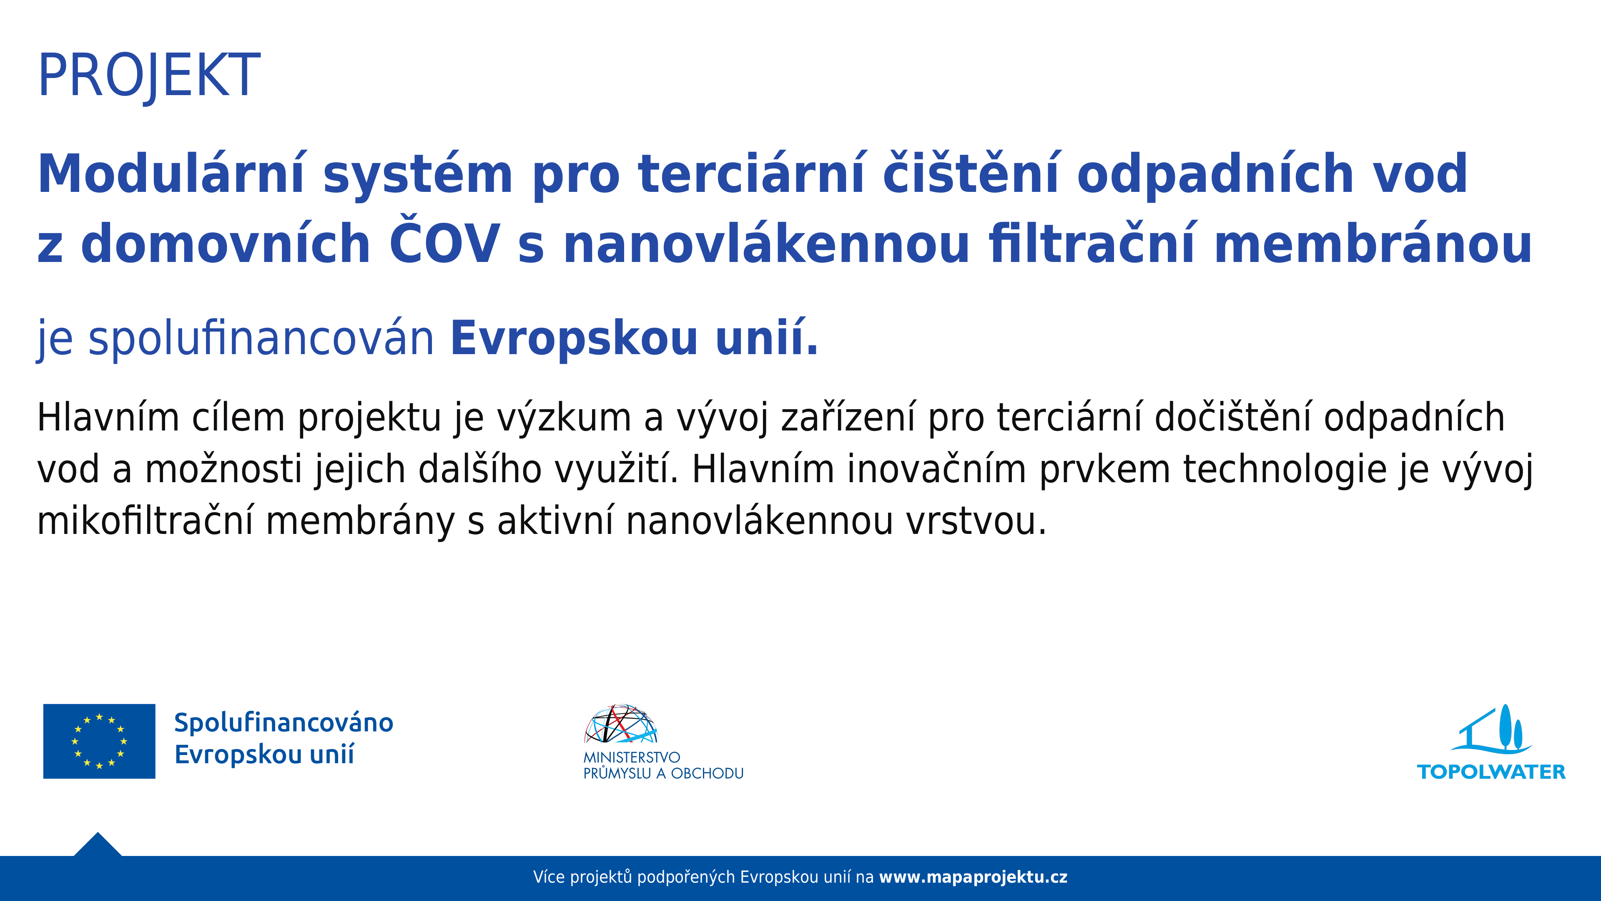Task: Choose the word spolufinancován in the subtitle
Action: (x=261, y=339)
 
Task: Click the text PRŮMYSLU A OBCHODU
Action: (x=663, y=773)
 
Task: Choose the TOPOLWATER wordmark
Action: (x=1491, y=772)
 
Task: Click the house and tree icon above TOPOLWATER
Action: (x=1492, y=729)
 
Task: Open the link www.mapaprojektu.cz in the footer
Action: (x=973, y=877)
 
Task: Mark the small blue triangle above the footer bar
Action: (x=98, y=845)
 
